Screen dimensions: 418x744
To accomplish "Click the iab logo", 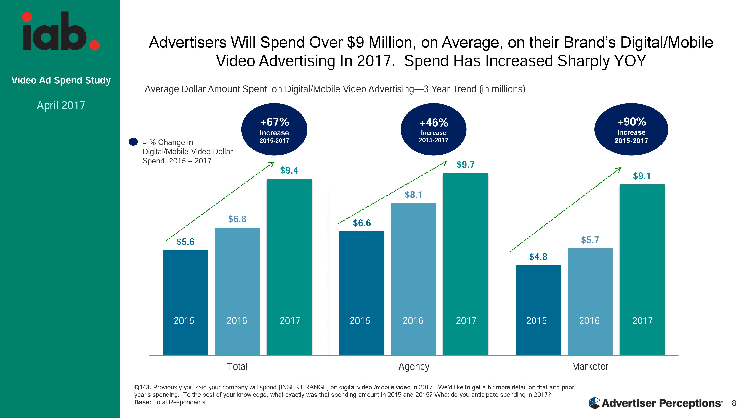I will [x=61, y=32].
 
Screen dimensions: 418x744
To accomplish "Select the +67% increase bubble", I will [x=274, y=129].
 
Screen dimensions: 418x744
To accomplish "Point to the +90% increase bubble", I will [x=631, y=129].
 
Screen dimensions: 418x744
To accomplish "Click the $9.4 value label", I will [x=289, y=171].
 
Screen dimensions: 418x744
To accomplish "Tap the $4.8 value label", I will [x=538, y=257].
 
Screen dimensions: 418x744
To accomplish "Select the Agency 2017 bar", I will [x=465, y=264].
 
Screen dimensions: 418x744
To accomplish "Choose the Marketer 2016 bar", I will [x=590, y=302].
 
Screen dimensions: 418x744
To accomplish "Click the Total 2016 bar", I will [x=237, y=291].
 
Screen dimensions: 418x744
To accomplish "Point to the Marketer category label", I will [x=590, y=366].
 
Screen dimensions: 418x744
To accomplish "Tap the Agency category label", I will [x=414, y=366].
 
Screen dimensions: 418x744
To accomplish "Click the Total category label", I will [x=237, y=366].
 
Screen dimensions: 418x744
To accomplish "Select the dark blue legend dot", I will [x=133, y=142].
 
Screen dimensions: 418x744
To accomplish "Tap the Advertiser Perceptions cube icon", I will [x=594, y=403].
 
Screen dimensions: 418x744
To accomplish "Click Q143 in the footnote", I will [x=142, y=387].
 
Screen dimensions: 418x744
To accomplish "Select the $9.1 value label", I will [x=642, y=176].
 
